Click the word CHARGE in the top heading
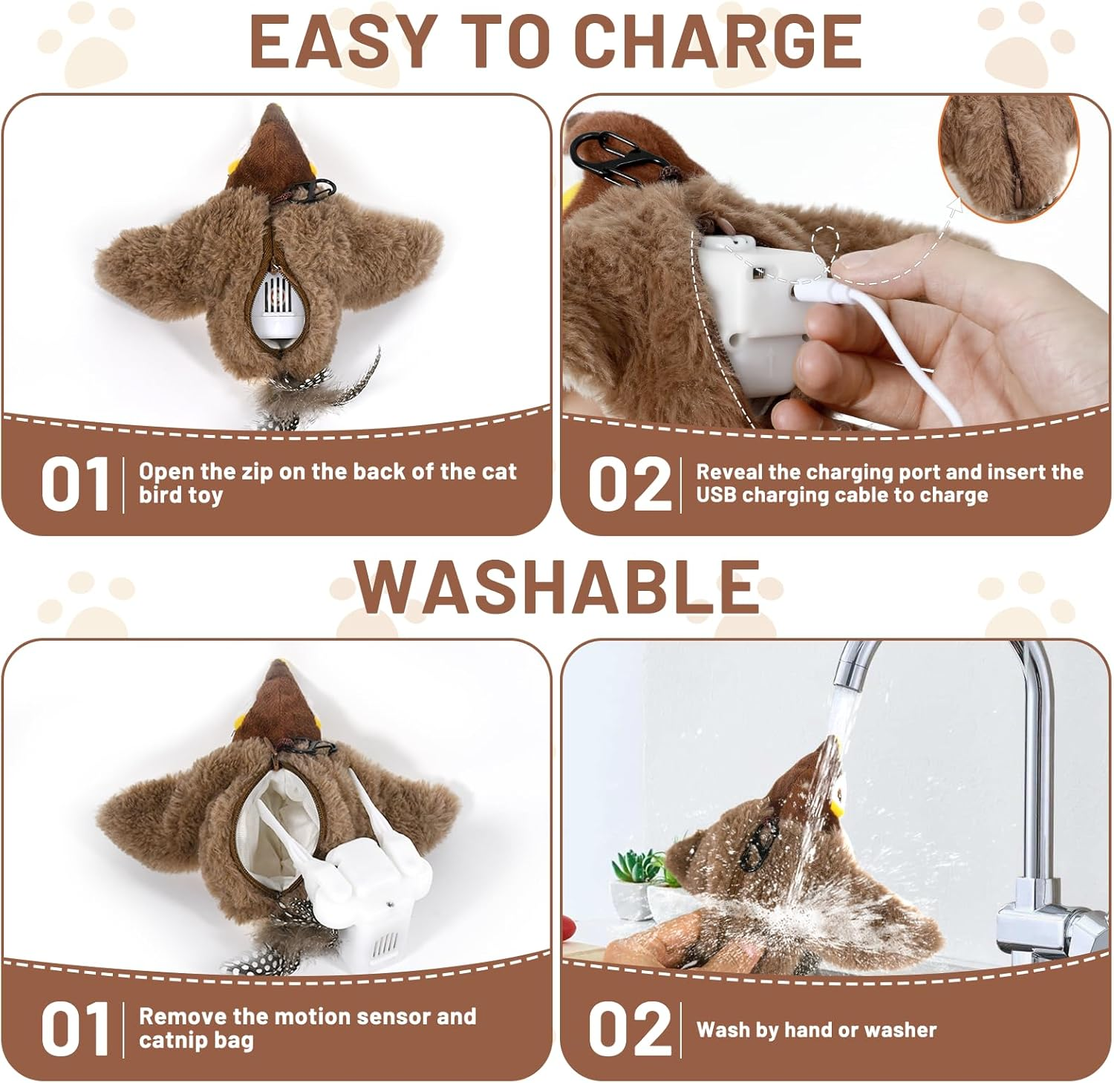tap(718, 41)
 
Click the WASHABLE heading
tap(557, 586)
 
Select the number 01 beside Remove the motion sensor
tap(76, 1029)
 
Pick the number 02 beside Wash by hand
tap(629, 1029)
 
